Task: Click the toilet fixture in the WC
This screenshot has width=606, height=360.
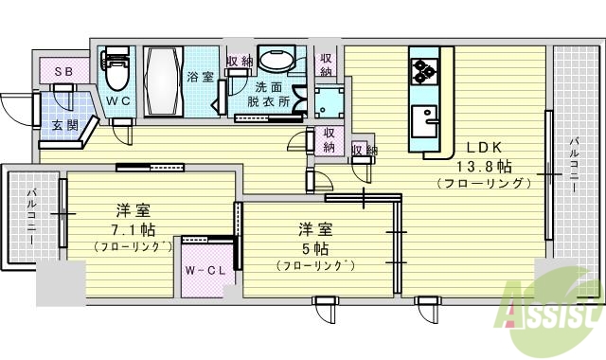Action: [116, 69]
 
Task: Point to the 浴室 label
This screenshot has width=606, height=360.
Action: [200, 76]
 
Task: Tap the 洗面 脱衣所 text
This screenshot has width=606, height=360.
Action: [268, 95]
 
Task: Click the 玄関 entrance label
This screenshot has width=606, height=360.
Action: [64, 126]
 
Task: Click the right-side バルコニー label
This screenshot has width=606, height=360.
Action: [574, 162]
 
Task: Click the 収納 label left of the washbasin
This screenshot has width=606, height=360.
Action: [241, 63]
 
